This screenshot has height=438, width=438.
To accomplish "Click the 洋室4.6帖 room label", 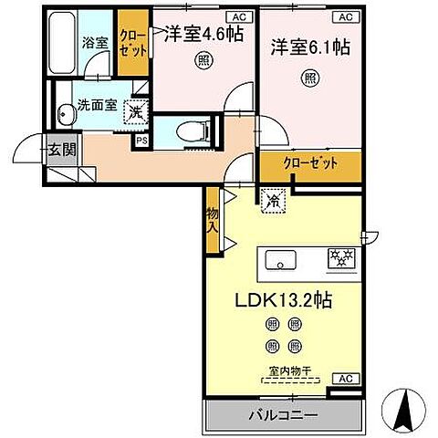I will (x=203, y=36).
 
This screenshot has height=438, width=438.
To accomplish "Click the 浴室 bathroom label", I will (x=95, y=42).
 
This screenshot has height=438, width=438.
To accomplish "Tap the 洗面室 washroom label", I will (x=95, y=103).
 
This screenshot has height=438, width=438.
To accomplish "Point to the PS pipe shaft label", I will (x=141, y=141).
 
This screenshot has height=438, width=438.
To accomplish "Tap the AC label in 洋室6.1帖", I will (x=344, y=16).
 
